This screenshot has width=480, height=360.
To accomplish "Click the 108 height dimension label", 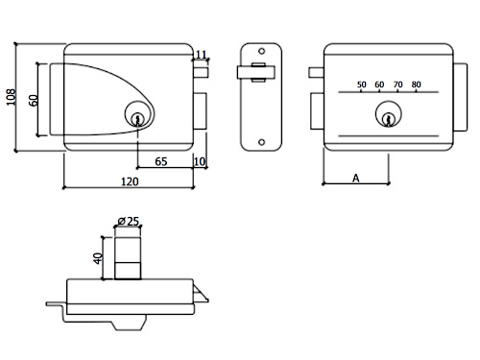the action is [11, 97].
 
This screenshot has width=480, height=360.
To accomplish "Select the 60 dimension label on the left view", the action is [34, 100].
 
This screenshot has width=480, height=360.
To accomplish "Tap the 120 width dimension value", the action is [130, 181].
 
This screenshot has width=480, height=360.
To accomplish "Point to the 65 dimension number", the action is [161, 161].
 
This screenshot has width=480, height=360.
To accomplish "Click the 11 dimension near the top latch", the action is [201, 55].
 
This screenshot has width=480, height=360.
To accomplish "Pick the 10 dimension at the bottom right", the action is [200, 161].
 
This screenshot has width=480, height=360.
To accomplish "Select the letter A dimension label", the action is [356, 178].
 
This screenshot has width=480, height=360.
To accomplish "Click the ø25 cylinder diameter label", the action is [129, 221].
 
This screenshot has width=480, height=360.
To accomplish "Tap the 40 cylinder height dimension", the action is [98, 258].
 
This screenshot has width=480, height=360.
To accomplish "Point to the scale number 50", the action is [361, 84].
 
